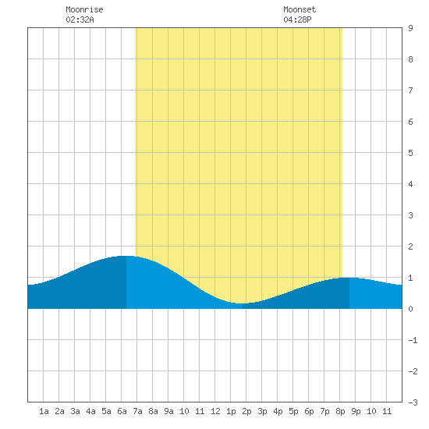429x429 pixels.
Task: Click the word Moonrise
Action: coord(84,9)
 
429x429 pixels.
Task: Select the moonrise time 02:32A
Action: coord(80,19)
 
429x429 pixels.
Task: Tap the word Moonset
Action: coord(300,9)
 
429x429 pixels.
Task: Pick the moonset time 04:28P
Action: coord(297,19)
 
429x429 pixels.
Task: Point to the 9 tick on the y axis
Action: coord(410,28)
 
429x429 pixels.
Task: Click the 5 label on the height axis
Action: coord(410,153)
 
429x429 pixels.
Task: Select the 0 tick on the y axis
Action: coord(410,309)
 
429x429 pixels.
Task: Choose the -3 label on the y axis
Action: coord(413,402)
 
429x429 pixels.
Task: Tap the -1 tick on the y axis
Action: coord(413,340)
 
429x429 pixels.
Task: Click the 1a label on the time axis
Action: coord(44,411)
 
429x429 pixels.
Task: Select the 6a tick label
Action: coord(122,411)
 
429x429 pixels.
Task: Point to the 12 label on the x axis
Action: coord(215,411)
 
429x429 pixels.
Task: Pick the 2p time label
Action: coord(246,411)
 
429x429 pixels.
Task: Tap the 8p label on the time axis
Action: coord(340,411)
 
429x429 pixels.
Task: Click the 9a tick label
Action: coord(168,411)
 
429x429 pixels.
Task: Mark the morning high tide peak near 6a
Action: coord(126,256)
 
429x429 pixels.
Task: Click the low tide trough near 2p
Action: coord(243,303)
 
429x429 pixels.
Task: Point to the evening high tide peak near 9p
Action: coord(349,278)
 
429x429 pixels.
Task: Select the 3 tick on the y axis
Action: coord(410,215)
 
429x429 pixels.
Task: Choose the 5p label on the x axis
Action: coord(293,411)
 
